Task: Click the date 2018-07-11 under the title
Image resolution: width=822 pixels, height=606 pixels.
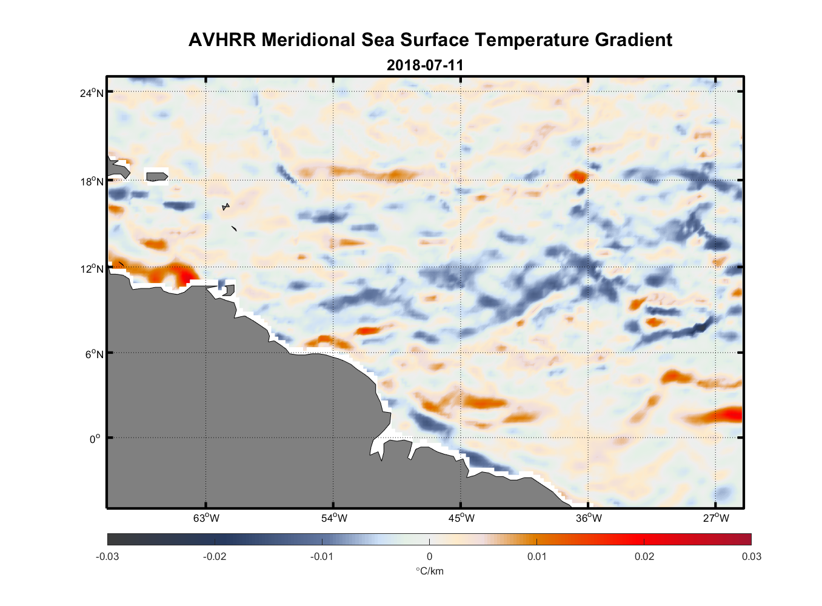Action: pyautogui.click(x=425, y=65)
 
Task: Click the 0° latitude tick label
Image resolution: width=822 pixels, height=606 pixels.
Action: pyautogui.click(x=95, y=439)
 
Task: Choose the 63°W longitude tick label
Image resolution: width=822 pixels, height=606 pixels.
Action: pyautogui.click(x=206, y=518)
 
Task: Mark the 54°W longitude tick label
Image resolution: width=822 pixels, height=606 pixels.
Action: pyautogui.click(x=334, y=518)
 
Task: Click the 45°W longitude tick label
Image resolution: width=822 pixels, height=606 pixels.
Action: pyautogui.click(x=461, y=518)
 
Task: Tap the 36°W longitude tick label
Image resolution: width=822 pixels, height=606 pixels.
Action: pyautogui.click(x=589, y=518)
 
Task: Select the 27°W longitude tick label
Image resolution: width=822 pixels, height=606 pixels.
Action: pyautogui.click(x=716, y=518)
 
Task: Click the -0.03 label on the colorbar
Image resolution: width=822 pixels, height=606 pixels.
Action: pyautogui.click(x=107, y=556)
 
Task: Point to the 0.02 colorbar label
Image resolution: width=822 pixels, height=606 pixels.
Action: pyautogui.click(x=644, y=556)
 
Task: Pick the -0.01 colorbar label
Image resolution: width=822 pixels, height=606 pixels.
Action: pyautogui.click(x=321, y=556)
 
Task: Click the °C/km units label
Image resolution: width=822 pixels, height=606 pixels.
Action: pyautogui.click(x=429, y=571)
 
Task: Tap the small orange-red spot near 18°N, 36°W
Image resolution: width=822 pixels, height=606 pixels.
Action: pyautogui.click(x=578, y=176)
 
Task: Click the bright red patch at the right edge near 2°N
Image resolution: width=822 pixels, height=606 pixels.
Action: pyautogui.click(x=730, y=415)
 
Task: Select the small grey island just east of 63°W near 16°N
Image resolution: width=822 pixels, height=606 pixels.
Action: pyautogui.click(x=226, y=207)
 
